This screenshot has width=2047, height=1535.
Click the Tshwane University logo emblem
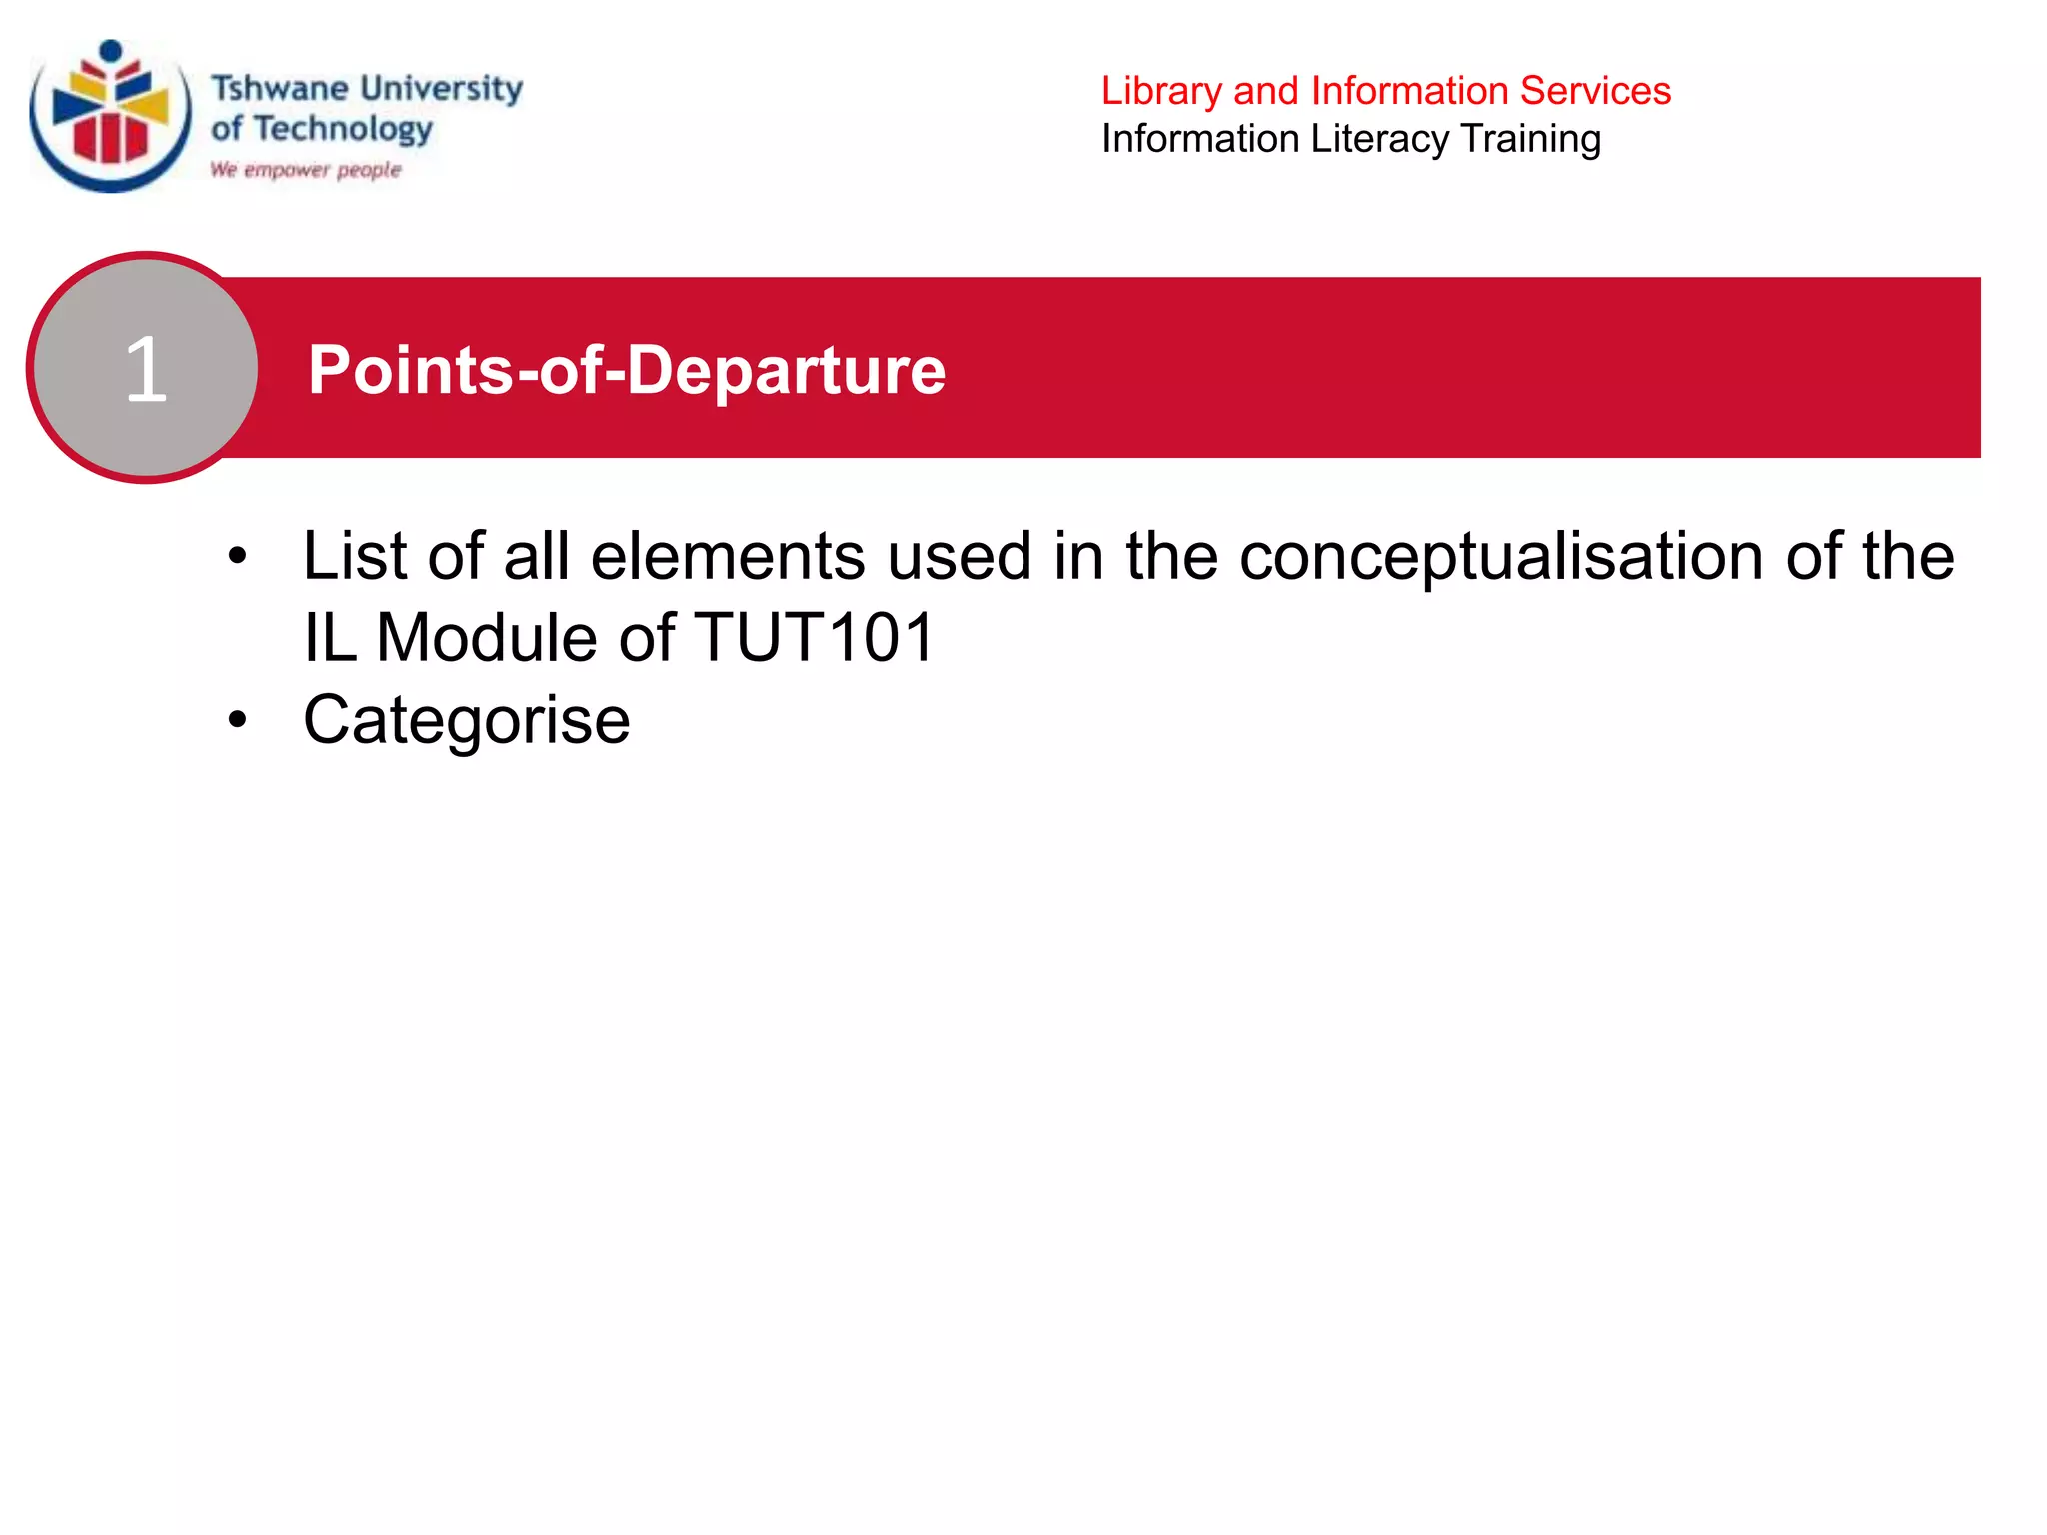[110, 115]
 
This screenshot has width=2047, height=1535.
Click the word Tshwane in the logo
[265, 88]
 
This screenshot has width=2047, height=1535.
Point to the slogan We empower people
[305, 170]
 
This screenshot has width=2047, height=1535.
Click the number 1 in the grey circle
[146, 369]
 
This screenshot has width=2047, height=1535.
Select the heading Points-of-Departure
[626, 370]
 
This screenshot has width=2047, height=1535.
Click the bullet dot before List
[237, 556]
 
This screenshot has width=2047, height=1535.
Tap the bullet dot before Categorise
[237, 719]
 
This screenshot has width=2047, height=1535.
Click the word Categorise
[466, 720]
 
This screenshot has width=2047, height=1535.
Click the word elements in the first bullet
[727, 556]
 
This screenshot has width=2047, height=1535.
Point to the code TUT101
[814, 638]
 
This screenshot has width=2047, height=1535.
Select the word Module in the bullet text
[486, 638]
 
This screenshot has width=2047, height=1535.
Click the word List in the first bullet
[354, 556]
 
